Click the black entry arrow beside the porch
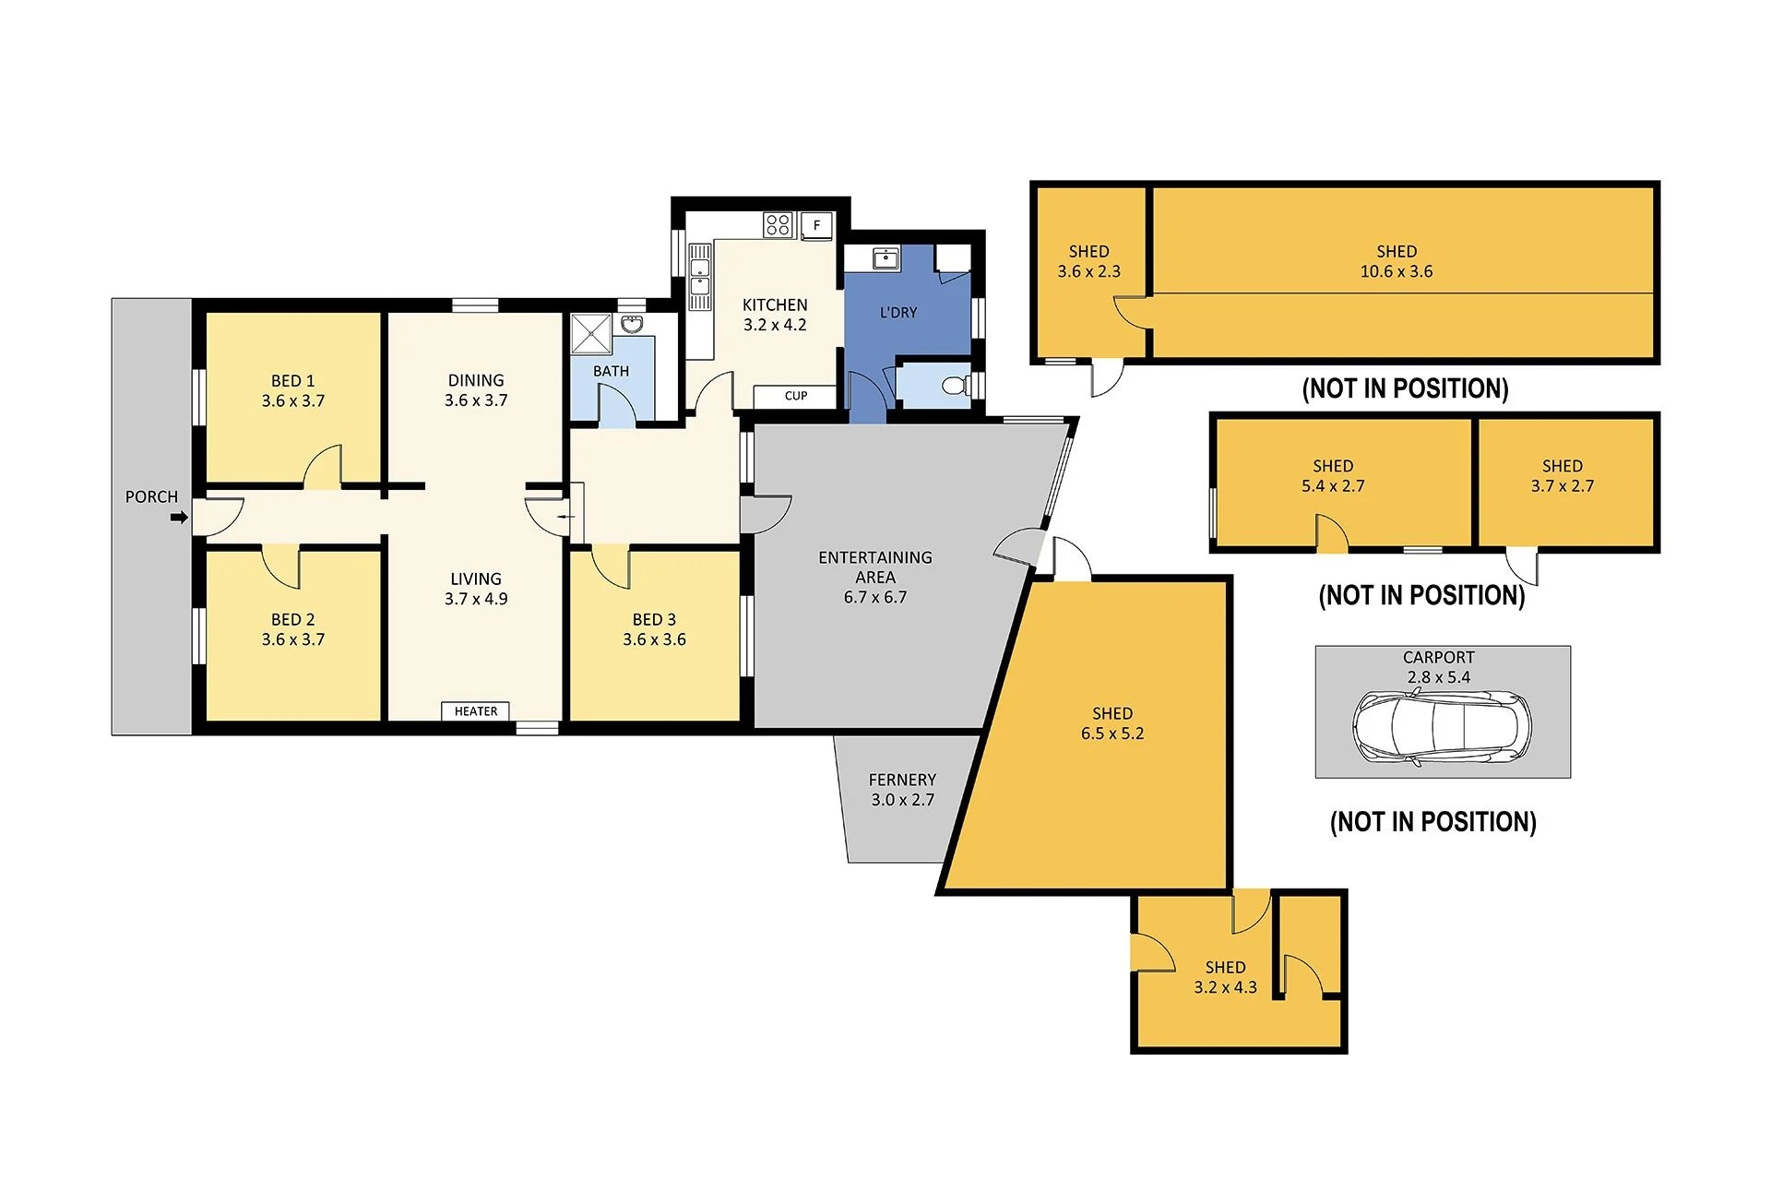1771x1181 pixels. pyautogui.click(x=179, y=518)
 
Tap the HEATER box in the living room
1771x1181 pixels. pyautogui.click(x=475, y=711)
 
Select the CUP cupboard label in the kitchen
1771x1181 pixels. pyautogui.click(x=795, y=396)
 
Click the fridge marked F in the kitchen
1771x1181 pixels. pyautogui.click(x=816, y=225)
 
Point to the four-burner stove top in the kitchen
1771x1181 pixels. pyautogui.click(x=778, y=224)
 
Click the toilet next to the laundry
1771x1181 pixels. pyautogui.click(x=956, y=386)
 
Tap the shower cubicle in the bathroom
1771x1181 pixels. pyautogui.click(x=591, y=333)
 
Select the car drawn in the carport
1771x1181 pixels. pyautogui.click(x=1441, y=727)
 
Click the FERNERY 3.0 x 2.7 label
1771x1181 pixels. pyautogui.click(x=902, y=790)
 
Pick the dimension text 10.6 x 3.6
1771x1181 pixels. pyautogui.click(x=1396, y=271)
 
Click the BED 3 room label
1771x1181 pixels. pyautogui.click(x=654, y=620)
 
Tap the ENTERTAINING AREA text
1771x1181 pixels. pyautogui.click(x=874, y=567)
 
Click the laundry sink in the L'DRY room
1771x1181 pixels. pyautogui.click(x=885, y=258)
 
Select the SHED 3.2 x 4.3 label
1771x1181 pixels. pyautogui.click(x=1225, y=977)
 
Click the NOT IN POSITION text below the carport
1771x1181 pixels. pyautogui.click(x=1432, y=822)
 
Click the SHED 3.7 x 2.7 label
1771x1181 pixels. pyautogui.click(x=1562, y=476)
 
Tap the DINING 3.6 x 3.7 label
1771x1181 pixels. pyautogui.click(x=476, y=390)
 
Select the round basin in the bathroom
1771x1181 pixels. pyautogui.click(x=632, y=324)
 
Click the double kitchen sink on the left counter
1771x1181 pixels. pyautogui.click(x=700, y=277)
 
